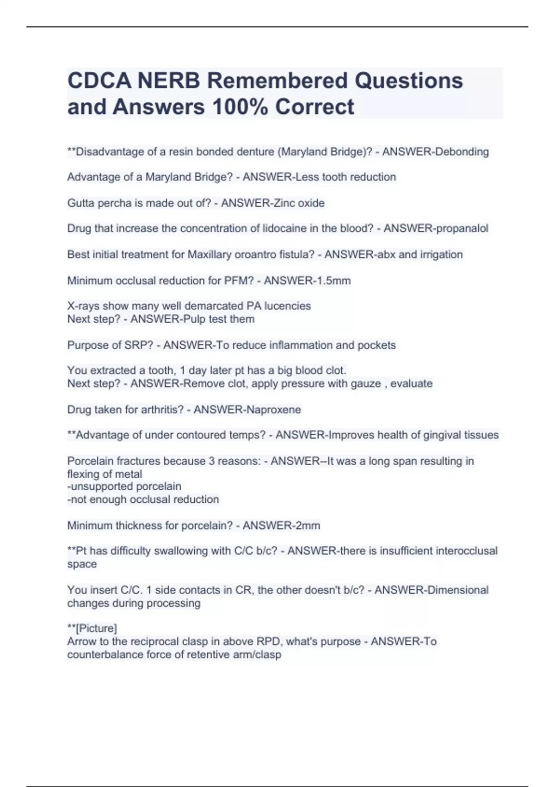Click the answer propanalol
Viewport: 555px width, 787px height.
pyautogui.click(x=462, y=229)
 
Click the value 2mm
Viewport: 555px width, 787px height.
pyautogui.click(x=308, y=525)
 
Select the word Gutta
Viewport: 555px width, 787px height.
pyautogui.click(x=80, y=203)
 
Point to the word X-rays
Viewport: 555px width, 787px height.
pyautogui.click(x=83, y=306)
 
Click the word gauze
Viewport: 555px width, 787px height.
pyautogui.click(x=367, y=384)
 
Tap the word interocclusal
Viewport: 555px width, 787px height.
pyautogui.click(x=463, y=551)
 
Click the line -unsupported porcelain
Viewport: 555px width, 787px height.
pyautogui.click(x=124, y=487)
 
